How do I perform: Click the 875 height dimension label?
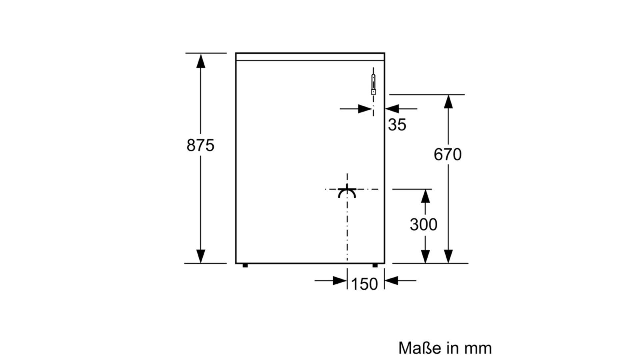click(x=200, y=145)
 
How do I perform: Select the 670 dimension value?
click(x=448, y=155)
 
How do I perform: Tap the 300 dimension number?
click(x=423, y=225)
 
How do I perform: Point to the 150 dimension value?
click(x=365, y=284)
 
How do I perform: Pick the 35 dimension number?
click(x=397, y=125)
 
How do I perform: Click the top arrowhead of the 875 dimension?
click(x=200, y=61)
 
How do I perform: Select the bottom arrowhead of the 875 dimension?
click(x=200, y=256)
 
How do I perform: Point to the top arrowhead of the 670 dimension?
click(x=448, y=102)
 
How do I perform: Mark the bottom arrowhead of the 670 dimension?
click(x=448, y=256)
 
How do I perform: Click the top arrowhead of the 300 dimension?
click(x=425, y=196)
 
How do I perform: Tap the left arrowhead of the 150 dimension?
click(x=340, y=281)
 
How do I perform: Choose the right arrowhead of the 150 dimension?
click(x=392, y=281)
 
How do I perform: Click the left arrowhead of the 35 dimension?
click(x=365, y=109)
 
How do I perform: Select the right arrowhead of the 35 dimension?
click(x=392, y=109)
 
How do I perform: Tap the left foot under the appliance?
click(x=245, y=265)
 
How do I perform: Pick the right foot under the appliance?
click(x=375, y=265)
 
